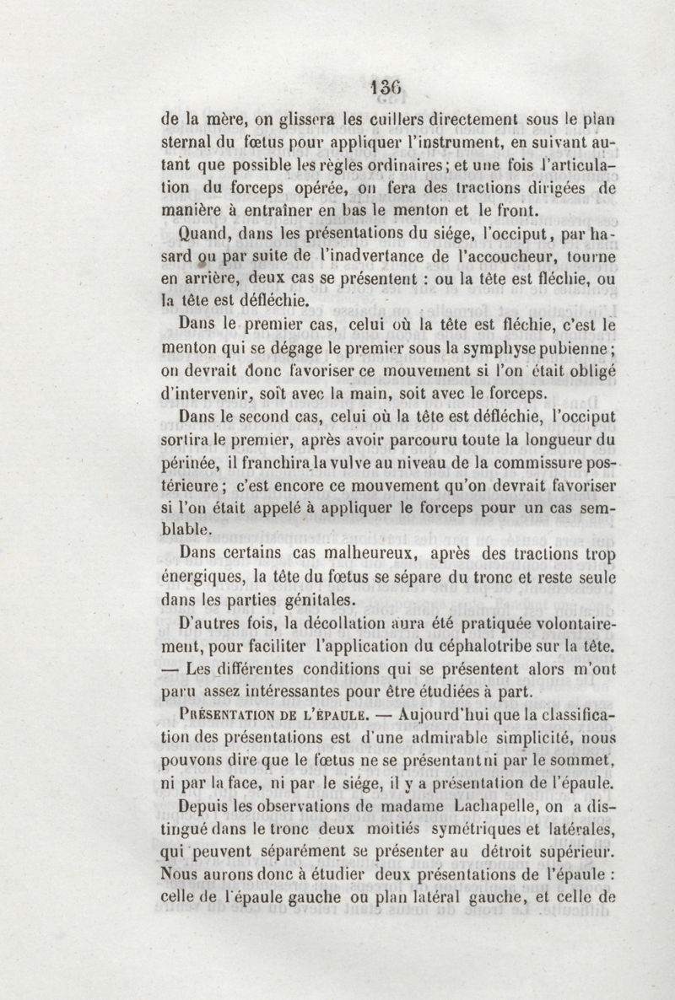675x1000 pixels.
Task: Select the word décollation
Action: click(329, 624)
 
